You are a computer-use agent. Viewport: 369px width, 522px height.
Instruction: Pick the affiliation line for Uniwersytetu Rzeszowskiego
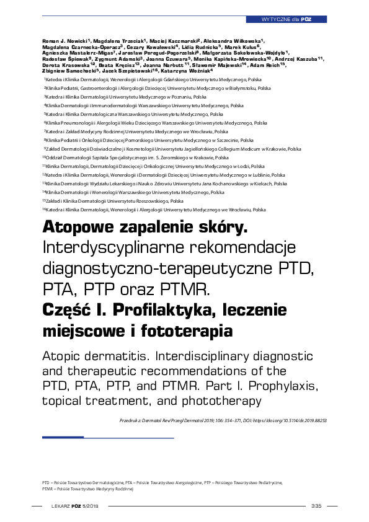[x=114, y=201]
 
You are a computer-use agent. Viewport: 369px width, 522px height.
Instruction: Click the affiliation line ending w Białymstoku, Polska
[x=158, y=89]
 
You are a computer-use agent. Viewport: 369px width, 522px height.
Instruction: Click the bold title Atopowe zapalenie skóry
[x=144, y=229]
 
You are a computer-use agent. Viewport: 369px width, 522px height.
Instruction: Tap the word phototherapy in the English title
[x=221, y=400]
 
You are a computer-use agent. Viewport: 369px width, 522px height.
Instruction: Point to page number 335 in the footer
[x=317, y=507]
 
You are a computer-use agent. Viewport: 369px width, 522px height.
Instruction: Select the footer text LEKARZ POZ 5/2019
[x=76, y=507]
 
